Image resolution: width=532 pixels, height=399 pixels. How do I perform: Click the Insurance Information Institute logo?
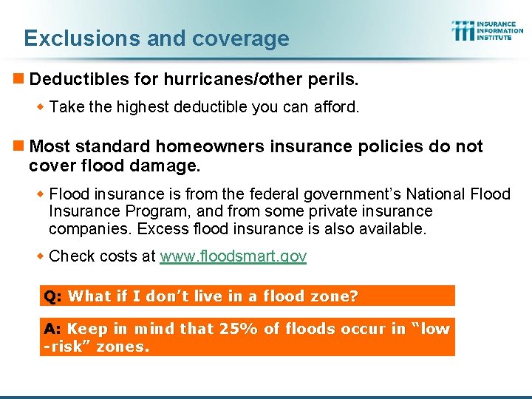[x=487, y=30]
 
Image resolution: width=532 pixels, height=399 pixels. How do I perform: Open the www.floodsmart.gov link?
[x=233, y=256]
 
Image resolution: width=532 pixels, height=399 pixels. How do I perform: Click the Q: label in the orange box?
[x=52, y=296]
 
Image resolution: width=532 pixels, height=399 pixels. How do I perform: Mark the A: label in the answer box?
[x=52, y=329]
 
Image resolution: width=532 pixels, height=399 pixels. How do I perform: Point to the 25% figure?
[x=236, y=329]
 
